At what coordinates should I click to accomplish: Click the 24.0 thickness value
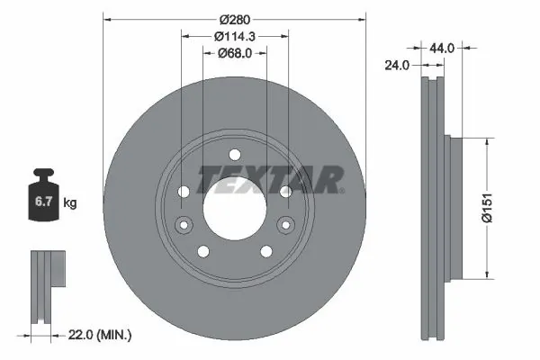[398, 65]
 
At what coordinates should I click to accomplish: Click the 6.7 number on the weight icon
[42, 202]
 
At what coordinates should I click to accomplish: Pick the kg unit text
[70, 203]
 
